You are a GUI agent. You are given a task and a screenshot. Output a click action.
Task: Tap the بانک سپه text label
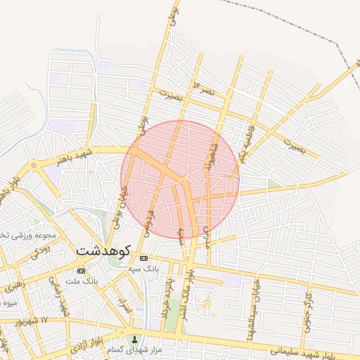[x=144, y=269]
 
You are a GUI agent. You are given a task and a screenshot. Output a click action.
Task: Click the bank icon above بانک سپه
[x=144, y=258]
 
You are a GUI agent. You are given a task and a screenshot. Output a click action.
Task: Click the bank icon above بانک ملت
[x=82, y=271]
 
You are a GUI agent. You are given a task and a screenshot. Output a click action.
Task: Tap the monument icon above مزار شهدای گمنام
[x=135, y=340]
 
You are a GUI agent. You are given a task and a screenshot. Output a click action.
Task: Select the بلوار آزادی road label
[x=89, y=344]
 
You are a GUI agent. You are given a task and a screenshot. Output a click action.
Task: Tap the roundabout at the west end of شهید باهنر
[x=33, y=165]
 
